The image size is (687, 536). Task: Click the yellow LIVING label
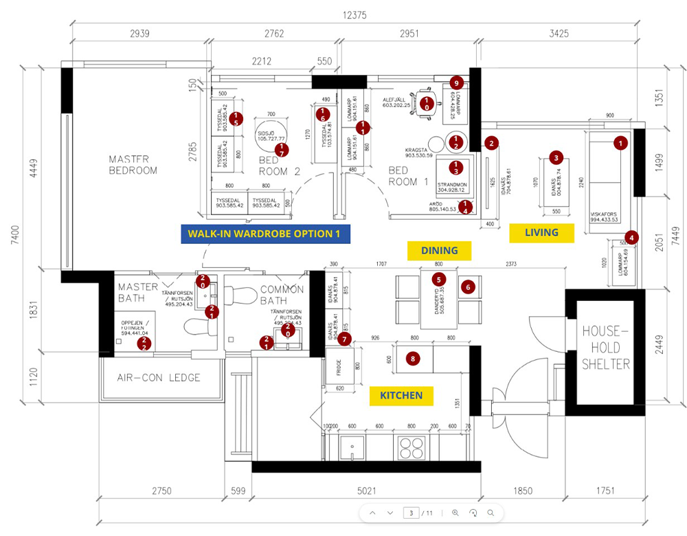(541, 233)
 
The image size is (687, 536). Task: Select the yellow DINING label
(439, 251)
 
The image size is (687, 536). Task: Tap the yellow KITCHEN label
(402, 395)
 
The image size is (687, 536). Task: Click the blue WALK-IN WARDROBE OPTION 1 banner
(265, 234)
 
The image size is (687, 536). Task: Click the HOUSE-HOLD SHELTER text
(606, 348)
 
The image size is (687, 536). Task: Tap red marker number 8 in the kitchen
(412, 358)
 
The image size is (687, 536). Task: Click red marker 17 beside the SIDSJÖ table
(281, 148)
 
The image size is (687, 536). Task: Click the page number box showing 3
(412, 513)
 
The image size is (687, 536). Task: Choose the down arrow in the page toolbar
(390, 513)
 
